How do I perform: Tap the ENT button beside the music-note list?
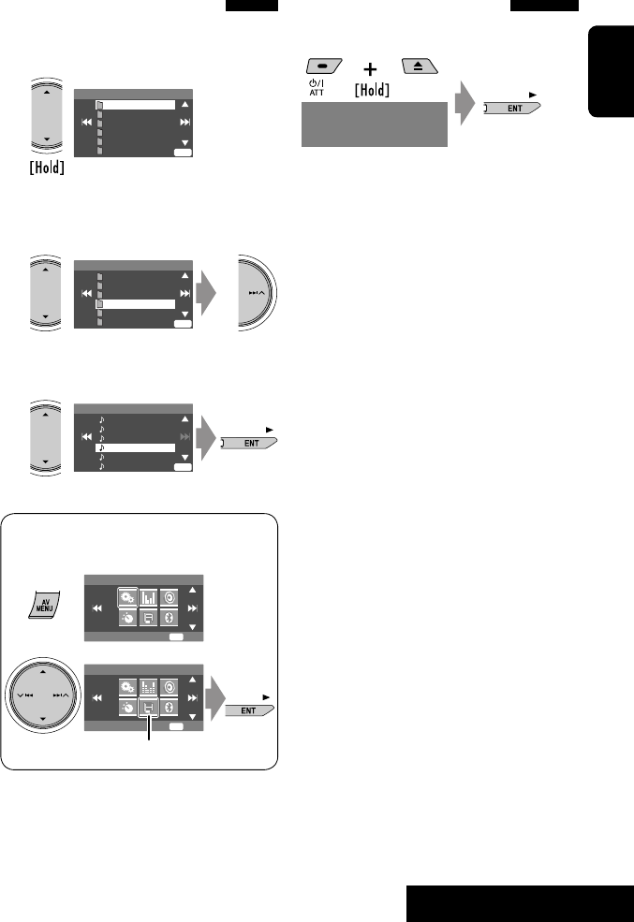251,444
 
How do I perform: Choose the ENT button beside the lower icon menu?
249,710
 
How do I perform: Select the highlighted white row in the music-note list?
135,448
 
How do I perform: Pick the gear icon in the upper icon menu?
125,596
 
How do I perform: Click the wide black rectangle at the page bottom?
520,903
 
